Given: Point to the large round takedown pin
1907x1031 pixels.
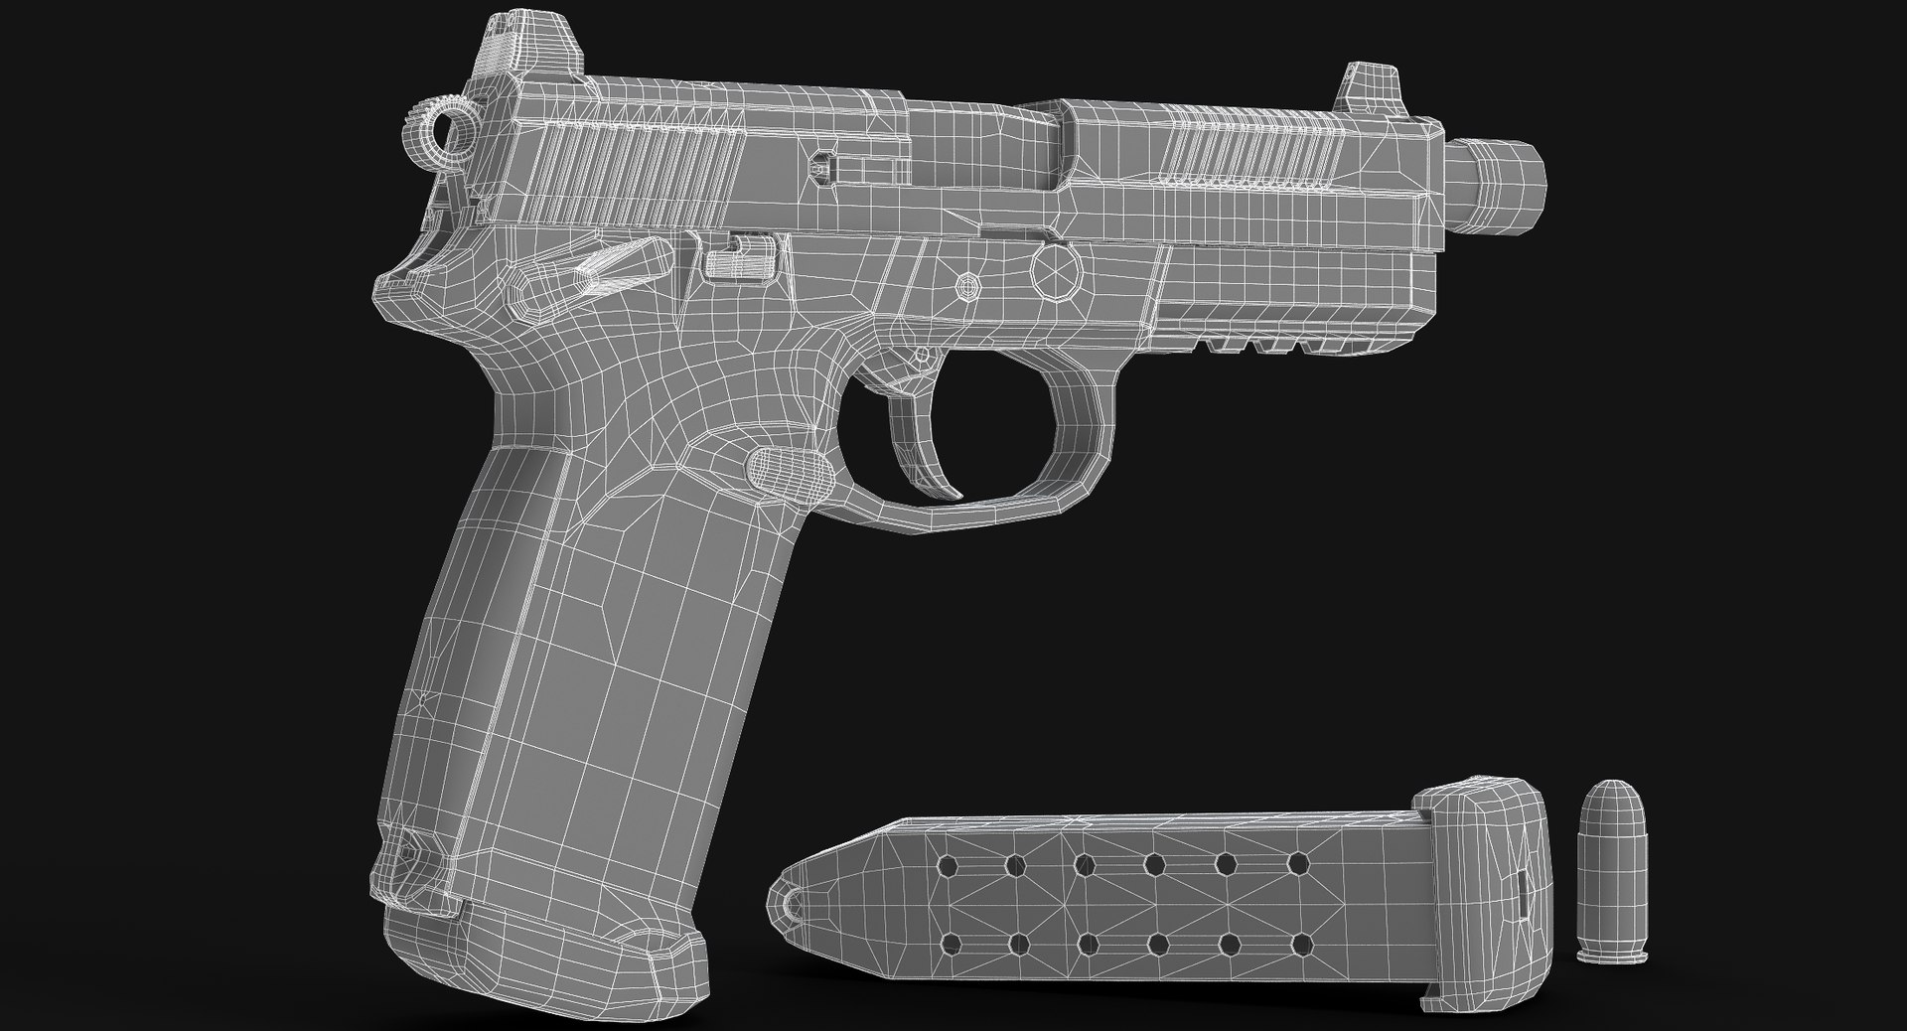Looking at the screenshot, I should (x=1057, y=269).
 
